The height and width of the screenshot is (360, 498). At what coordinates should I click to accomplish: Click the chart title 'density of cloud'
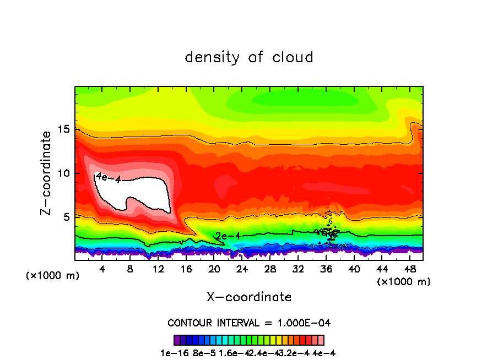point(248,57)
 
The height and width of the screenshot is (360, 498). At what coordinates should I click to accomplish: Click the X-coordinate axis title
point(249,297)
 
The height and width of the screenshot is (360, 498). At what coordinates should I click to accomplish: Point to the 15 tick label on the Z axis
point(64,129)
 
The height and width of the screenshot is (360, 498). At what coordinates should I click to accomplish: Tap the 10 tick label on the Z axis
point(64,173)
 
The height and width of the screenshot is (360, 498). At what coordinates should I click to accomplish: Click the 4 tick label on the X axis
point(102,270)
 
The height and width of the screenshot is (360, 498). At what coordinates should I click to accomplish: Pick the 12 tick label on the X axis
point(158,270)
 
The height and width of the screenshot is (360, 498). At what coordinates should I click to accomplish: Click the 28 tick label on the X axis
point(270,270)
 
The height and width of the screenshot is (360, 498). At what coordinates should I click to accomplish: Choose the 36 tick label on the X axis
point(326,270)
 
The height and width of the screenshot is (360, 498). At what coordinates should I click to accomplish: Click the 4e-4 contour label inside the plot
point(107,177)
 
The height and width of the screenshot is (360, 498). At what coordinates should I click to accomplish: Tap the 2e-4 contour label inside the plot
point(228,236)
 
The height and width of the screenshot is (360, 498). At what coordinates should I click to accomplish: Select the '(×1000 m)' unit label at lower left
point(53,276)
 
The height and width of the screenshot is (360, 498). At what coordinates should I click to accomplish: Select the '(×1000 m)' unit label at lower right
point(404,282)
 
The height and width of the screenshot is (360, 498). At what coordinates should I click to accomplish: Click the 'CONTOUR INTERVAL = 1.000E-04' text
point(249,323)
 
